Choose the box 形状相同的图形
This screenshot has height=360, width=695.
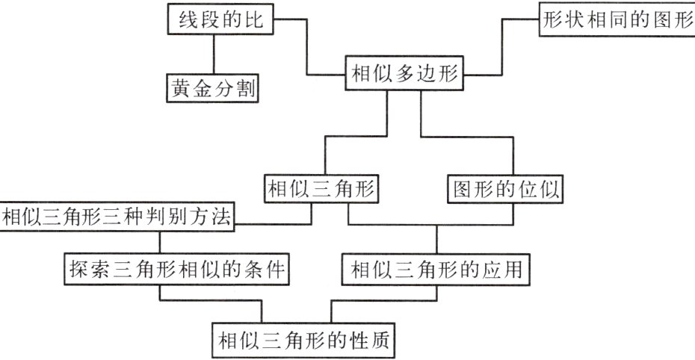617,19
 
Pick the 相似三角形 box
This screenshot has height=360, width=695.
321,189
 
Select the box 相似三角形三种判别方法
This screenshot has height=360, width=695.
119,217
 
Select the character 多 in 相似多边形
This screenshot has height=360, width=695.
408,74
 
